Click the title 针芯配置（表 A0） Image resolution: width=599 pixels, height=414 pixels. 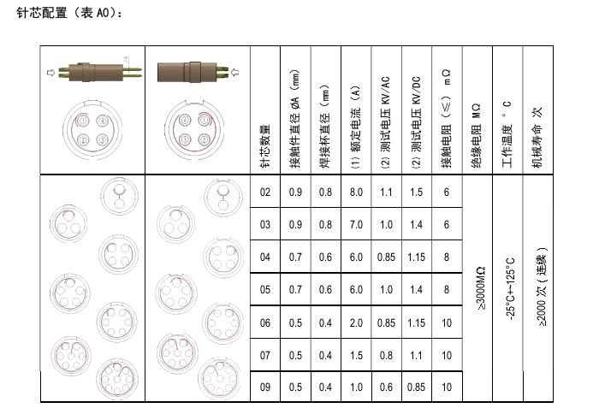(x=69, y=13)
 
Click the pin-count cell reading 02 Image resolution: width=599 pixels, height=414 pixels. (x=265, y=192)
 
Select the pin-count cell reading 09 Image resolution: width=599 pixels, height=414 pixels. (x=265, y=387)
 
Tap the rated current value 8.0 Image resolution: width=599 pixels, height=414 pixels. (x=356, y=192)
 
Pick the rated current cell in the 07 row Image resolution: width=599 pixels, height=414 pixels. (x=356, y=355)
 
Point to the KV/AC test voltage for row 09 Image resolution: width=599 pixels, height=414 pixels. (x=386, y=387)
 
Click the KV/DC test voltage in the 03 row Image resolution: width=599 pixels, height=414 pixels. (x=417, y=225)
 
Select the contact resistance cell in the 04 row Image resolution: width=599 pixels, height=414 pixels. (x=447, y=257)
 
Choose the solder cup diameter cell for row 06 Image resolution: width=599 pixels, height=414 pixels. (x=325, y=322)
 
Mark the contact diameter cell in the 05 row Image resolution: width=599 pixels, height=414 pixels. (x=295, y=290)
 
